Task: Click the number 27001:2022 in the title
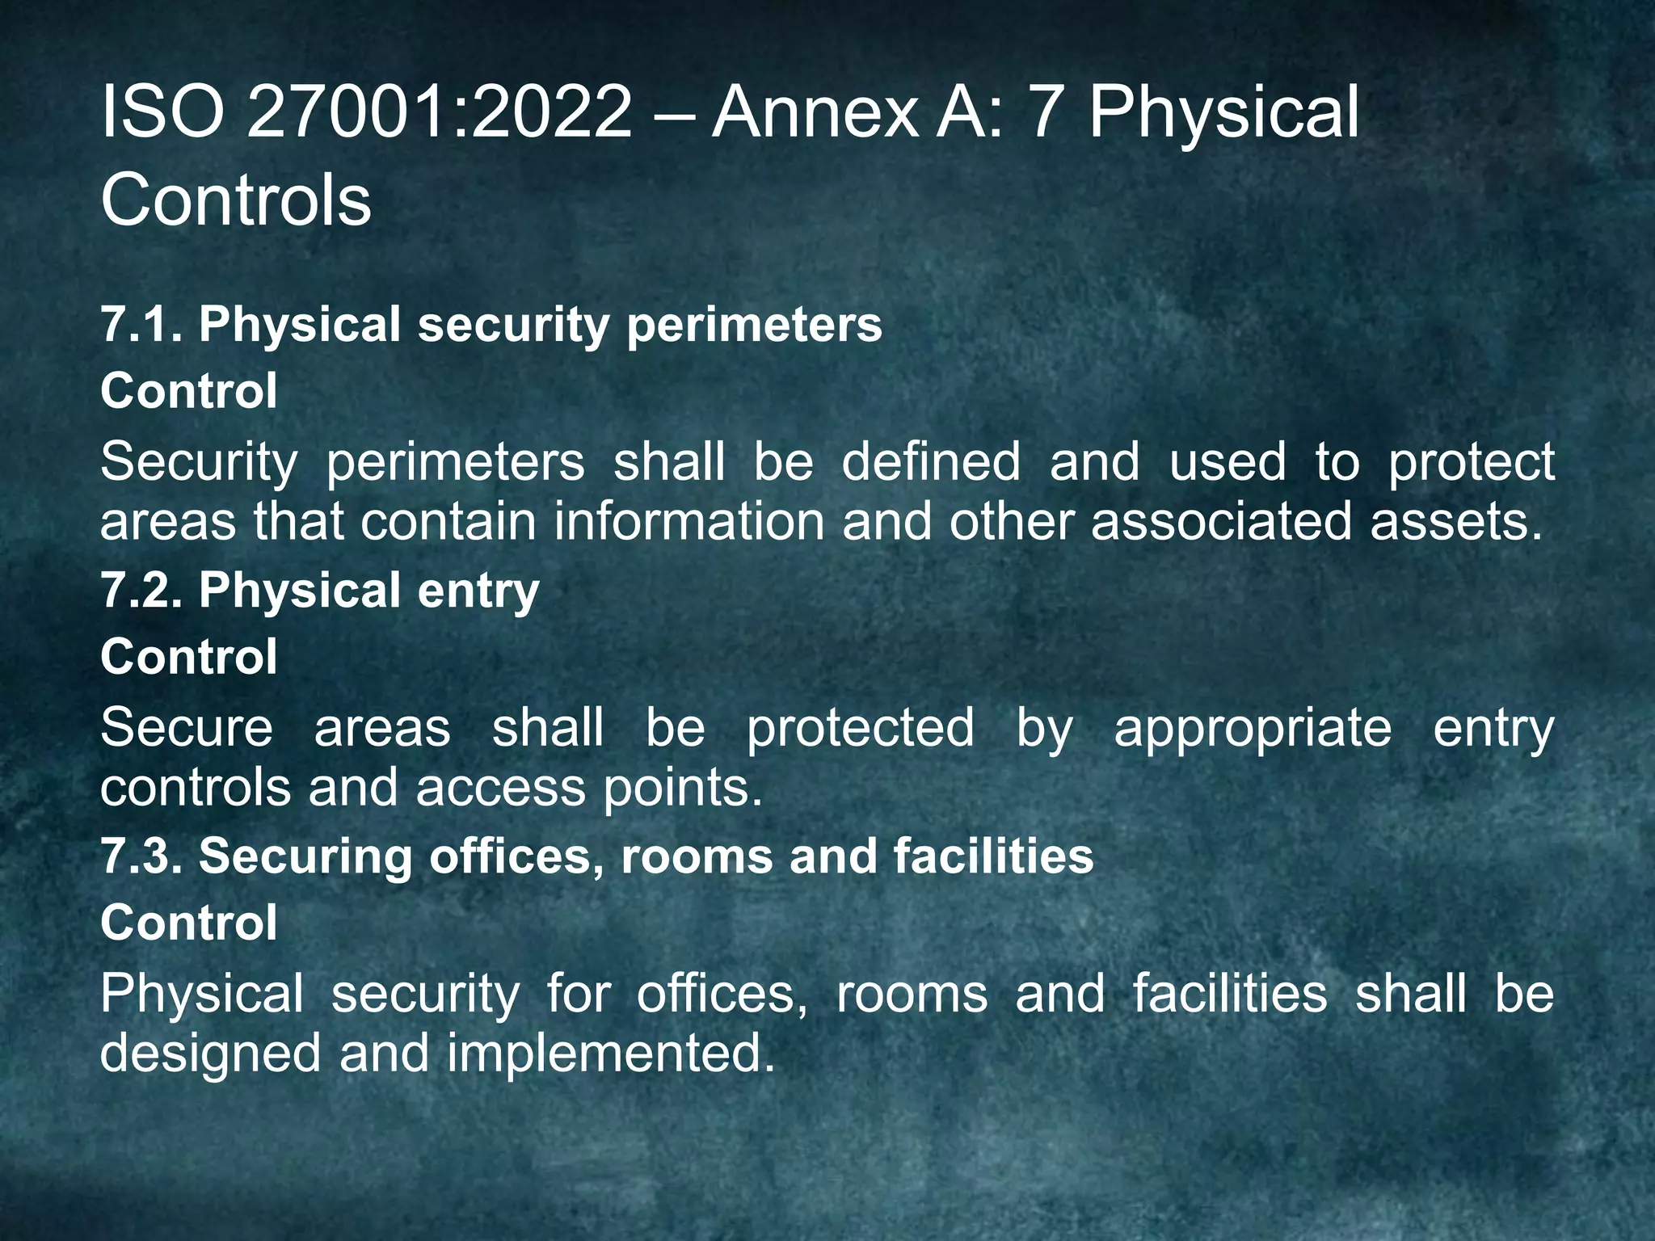pyautogui.click(x=440, y=113)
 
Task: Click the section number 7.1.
pyautogui.click(x=141, y=325)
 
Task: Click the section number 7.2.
pyautogui.click(x=141, y=591)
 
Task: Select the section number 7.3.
pyautogui.click(x=141, y=856)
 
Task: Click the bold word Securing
pyautogui.click(x=305, y=856)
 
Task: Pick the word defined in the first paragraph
pyautogui.click(x=931, y=462)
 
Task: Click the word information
pyautogui.click(x=689, y=521)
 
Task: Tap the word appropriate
pyautogui.click(x=1253, y=728)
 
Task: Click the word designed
pyautogui.click(x=210, y=1054)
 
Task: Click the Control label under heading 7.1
pyautogui.click(x=189, y=391)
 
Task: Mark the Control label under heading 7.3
pyautogui.click(x=189, y=923)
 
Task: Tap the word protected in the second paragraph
pyautogui.click(x=860, y=728)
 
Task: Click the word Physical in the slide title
pyautogui.click(x=1223, y=113)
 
